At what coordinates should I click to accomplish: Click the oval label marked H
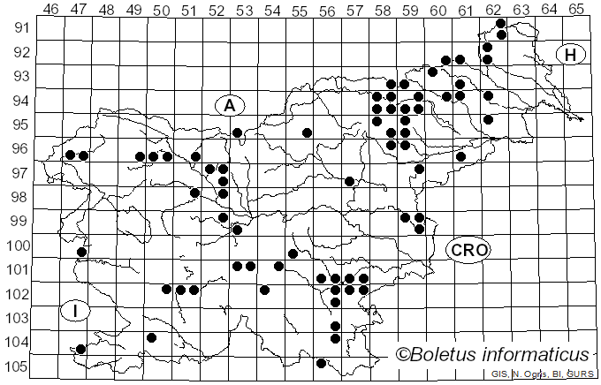point(571,55)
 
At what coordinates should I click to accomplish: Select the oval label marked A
point(229,105)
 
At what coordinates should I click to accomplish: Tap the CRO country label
point(468,250)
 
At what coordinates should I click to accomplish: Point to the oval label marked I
point(76,310)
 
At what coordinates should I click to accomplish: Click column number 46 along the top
point(50,9)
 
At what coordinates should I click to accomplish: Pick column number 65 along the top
point(575,9)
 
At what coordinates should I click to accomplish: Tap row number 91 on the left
point(19,27)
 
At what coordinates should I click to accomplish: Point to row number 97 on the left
point(19,173)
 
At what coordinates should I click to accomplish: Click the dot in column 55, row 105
point(321,363)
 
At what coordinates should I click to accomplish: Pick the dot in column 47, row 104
point(81,349)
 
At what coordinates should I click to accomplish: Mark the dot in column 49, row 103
point(151,337)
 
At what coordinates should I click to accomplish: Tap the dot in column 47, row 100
point(81,252)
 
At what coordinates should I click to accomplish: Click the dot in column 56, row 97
point(350,181)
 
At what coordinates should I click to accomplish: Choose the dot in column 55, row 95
point(307,132)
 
